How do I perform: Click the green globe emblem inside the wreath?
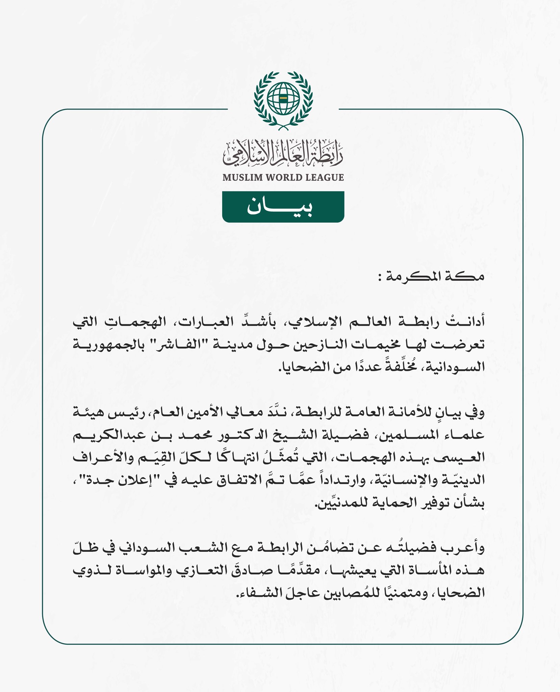pos(283,98)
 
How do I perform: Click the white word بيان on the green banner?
pos(279,207)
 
